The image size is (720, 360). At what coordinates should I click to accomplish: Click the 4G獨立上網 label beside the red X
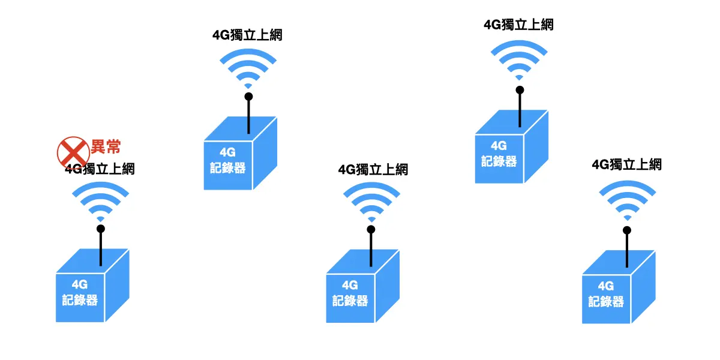tap(100, 169)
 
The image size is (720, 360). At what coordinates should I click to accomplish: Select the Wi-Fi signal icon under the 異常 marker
tap(100, 202)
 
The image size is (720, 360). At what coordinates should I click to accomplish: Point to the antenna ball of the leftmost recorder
tap(101, 229)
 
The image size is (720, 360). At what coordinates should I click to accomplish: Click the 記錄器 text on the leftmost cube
tap(80, 299)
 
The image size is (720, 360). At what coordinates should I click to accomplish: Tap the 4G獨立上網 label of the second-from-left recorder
tap(247, 35)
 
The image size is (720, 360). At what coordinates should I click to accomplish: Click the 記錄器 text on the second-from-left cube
tap(227, 167)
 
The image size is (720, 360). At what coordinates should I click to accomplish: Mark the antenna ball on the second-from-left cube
tap(248, 96)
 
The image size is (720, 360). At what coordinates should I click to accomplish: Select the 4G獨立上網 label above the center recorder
tap(373, 169)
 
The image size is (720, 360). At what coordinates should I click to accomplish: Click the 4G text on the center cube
tap(350, 285)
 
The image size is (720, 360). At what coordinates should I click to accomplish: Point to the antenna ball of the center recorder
tap(371, 229)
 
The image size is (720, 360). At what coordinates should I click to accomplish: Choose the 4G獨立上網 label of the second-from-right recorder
tap(518, 25)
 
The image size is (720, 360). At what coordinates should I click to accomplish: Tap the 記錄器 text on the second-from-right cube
tap(499, 160)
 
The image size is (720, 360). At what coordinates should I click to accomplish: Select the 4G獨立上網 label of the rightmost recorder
tap(626, 164)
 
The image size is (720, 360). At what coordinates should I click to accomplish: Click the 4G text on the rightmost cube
tap(606, 285)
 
